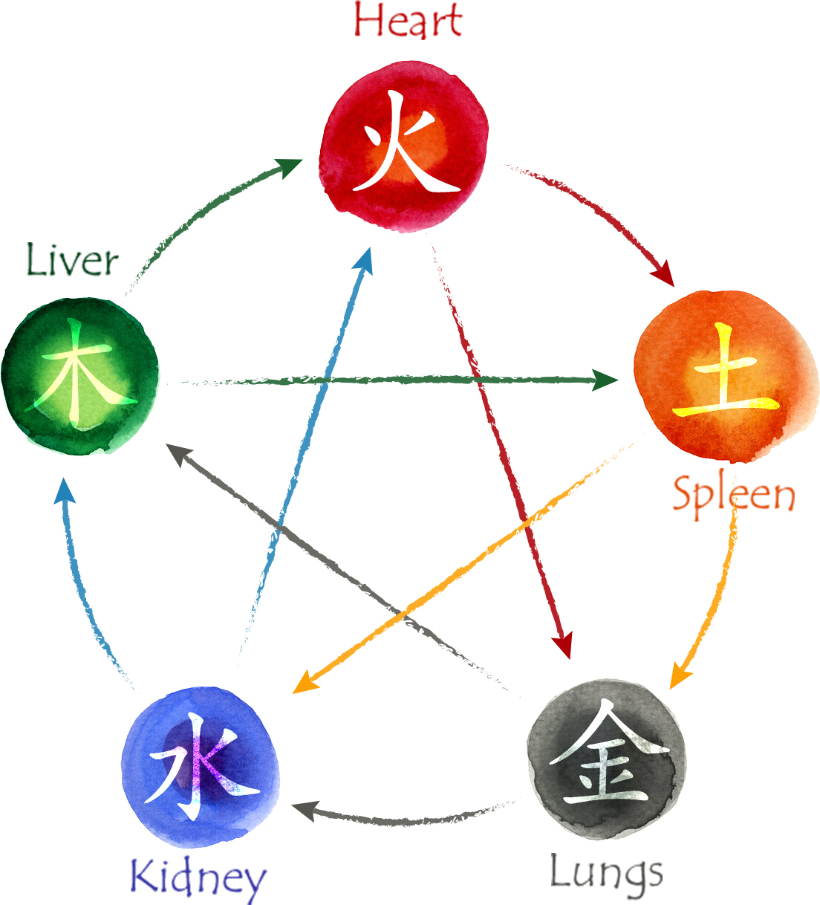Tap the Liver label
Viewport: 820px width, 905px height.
click(72, 259)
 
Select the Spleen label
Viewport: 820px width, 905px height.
click(734, 497)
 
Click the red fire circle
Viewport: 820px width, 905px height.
click(403, 146)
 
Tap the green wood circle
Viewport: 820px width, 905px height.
click(79, 376)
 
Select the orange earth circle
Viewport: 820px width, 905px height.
click(726, 377)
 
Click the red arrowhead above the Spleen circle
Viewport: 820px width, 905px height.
click(664, 274)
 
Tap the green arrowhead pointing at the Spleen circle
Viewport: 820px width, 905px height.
click(605, 380)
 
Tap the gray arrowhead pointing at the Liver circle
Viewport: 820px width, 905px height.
click(178, 454)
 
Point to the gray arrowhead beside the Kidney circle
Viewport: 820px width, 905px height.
click(305, 811)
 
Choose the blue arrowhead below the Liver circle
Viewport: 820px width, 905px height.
click(65, 491)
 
